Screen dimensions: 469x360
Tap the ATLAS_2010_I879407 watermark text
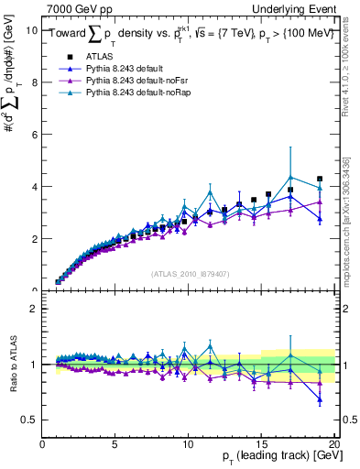pyautogui.click(x=190, y=273)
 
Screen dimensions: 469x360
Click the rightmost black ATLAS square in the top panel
pyautogui.click(x=320, y=179)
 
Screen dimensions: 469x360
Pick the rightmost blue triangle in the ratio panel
pyautogui.click(x=320, y=399)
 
